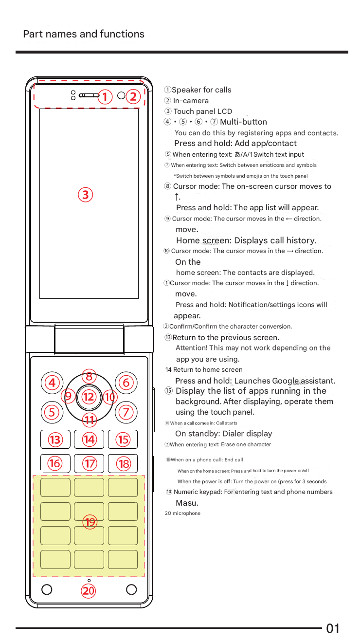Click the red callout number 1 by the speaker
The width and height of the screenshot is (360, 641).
point(104,96)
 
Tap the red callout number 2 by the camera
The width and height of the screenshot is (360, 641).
point(133,96)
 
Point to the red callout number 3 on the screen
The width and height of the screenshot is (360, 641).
point(85,195)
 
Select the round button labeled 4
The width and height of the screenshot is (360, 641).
point(52,383)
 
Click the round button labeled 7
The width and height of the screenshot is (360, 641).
point(126,412)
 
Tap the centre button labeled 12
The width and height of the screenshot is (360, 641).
point(89,397)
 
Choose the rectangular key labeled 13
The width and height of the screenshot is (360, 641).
point(55,440)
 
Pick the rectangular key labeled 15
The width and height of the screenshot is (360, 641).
point(123,440)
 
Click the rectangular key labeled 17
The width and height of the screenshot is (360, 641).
point(90,463)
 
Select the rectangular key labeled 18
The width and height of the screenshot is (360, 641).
point(123,463)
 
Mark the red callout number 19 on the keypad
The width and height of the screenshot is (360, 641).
point(90,522)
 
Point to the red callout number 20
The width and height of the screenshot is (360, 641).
point(89,591)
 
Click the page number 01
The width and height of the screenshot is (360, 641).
point(333,628)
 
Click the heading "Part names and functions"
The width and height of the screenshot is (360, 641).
point(84,34)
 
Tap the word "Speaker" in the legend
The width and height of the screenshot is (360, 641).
point(186,90)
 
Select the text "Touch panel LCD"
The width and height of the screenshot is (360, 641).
point(203,111)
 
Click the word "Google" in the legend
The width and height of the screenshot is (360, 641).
point(286,381)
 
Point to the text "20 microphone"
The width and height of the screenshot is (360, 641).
point(182,513)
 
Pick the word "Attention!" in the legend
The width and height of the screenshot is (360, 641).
point(191,348)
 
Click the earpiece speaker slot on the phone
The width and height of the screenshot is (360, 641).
point(89,95)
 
